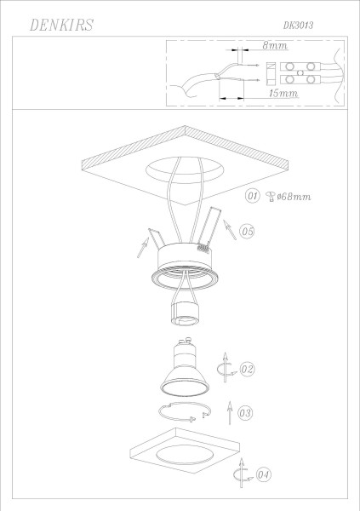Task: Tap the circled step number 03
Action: coord(246,413)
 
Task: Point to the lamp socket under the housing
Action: coord(181,323)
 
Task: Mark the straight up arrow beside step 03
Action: coord(229,413)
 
